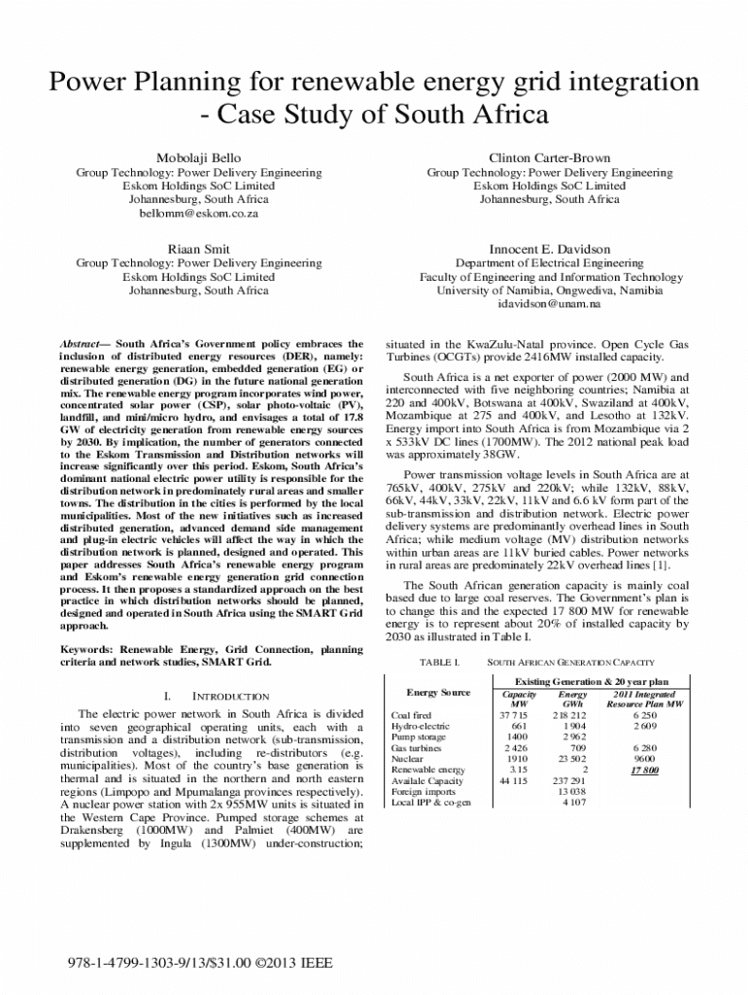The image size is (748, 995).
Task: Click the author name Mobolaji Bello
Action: [199, 157]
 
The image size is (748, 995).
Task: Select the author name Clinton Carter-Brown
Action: [550, 157]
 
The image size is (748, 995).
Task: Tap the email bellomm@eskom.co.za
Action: [199, 213]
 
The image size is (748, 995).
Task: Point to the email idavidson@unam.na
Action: [550, 304]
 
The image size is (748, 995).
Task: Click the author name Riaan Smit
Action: [199, 249]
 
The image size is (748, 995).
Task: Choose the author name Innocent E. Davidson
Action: [550, 249]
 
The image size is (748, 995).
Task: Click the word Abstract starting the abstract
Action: [83, 344]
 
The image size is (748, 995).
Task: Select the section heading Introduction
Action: [229, 697]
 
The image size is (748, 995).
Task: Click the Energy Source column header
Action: [438, 693]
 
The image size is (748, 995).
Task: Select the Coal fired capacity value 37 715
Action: [512, 715]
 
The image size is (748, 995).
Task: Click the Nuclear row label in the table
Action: [408, 759]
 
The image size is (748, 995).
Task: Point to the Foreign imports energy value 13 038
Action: [570, 791]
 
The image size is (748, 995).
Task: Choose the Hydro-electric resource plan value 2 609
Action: [644, 726]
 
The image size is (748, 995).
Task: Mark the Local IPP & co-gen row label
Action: [430, 803]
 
